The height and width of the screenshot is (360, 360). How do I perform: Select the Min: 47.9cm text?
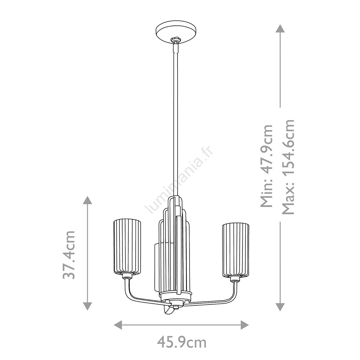pyautogui.click(x=267, y=166)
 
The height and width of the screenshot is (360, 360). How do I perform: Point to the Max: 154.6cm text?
pyautogui.click(x=288, y=167)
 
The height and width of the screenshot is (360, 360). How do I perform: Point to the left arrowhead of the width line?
pyautogui.click(x=118, y=325)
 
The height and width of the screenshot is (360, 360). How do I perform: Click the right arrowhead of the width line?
pyautogui.click(x=245, y=325)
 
